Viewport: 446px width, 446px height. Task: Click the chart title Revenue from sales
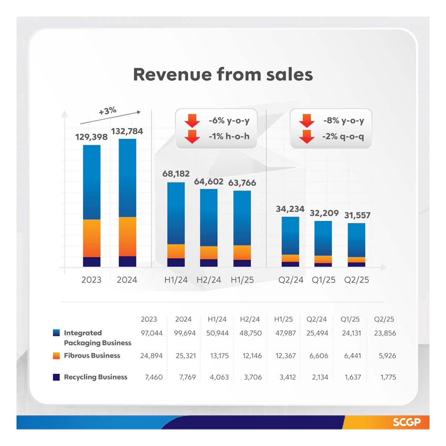click(223, 75)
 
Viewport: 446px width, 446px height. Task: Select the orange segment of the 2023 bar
click(92, 238)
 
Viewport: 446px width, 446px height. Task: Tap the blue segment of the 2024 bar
click(127, 178)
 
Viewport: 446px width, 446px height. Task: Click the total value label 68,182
click(176, 171)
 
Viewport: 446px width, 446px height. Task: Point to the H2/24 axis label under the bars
click(209, 280)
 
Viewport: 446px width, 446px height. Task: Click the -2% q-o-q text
click(343, 136)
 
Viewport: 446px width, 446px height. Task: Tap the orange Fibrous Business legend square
click(57, 356)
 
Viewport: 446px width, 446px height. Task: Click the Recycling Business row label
click(95, 377)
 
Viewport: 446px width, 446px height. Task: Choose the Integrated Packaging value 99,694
click(183, 333)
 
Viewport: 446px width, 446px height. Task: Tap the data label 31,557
click(357, 215)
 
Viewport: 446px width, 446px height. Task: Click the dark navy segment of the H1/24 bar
click(176, 262)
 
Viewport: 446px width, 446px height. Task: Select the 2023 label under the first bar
click(91, 280)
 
